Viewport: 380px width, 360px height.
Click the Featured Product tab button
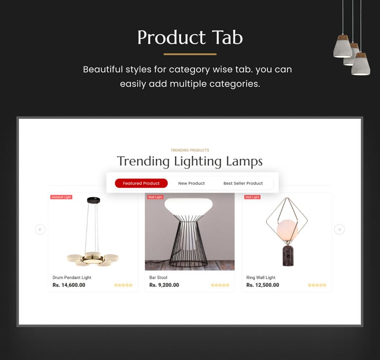coord(141,183)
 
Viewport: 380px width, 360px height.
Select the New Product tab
coord(191,183)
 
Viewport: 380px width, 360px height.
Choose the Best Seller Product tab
coord(243,183)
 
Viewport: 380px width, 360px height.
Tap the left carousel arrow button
coord(40,229)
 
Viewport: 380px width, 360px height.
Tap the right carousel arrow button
coord(339,229)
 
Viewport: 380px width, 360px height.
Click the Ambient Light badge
coord(61,197)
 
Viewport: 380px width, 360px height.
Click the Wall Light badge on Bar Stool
coord(155,197)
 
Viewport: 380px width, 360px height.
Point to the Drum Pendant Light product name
coord(72,277)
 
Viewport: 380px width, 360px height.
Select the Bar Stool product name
coord(158,277)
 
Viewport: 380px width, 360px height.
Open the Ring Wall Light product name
coord(261,277)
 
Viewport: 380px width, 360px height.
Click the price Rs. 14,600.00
coord(69,285)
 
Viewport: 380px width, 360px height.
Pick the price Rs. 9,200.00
coord(164,285)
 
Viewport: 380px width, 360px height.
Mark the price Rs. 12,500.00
coord(263,285)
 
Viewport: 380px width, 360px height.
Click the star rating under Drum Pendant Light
coord(123,285)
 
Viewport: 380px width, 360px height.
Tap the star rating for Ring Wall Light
coord(317,285)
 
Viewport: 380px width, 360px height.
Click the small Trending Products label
coord(190,150)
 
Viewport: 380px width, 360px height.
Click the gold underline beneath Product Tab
coord(190,54)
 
